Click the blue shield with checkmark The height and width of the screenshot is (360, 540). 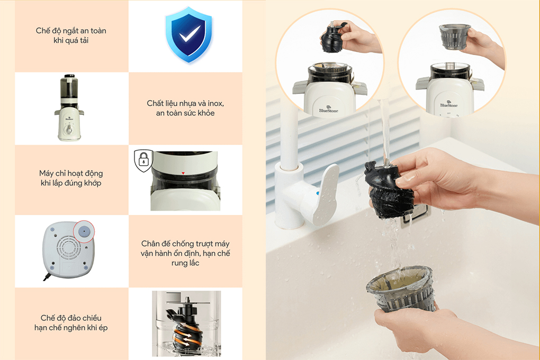188,35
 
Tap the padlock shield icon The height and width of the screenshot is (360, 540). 143,160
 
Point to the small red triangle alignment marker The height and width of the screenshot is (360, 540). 183,173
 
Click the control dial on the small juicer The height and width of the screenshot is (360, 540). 69,130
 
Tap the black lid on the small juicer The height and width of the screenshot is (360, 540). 69,76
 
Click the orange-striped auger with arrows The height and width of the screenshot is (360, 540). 186,332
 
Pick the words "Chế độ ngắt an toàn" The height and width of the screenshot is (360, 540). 71,31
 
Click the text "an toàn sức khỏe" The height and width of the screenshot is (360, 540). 185,113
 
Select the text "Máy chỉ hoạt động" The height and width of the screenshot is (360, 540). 71,173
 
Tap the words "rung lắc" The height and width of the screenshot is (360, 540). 185,263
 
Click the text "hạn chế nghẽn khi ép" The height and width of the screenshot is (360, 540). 71,328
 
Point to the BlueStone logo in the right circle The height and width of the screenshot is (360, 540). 449,104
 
